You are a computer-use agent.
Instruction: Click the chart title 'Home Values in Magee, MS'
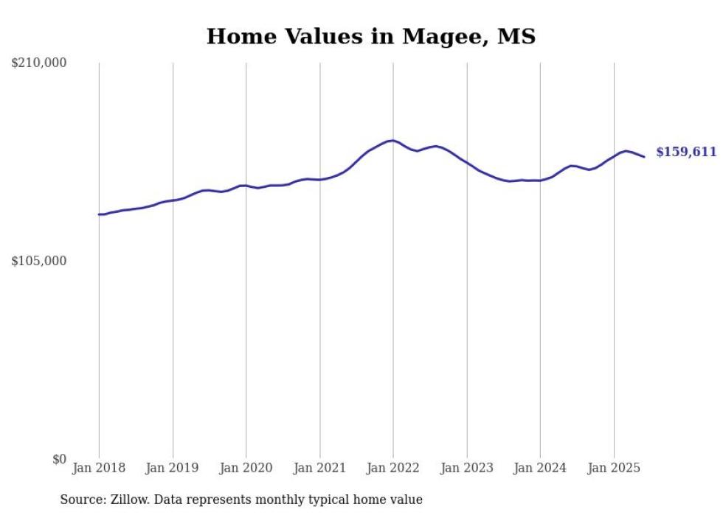371,36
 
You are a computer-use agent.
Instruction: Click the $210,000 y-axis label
39,63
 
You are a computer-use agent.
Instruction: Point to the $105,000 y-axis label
39,261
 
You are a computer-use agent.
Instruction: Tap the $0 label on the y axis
59,459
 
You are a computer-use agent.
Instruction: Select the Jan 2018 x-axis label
99,468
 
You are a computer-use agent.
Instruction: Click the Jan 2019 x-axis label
173,468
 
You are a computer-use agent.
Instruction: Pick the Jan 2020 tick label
246,468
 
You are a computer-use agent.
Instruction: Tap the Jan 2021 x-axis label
319,468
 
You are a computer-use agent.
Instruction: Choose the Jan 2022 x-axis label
393,468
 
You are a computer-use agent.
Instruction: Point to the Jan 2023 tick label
467,468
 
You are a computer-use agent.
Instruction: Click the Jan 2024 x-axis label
540,468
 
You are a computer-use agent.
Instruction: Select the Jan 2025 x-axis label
614,468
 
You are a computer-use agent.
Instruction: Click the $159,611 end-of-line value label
686,153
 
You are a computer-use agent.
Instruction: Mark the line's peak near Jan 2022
392,140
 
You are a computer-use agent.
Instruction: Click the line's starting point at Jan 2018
99,214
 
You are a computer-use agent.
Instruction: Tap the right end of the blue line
644,156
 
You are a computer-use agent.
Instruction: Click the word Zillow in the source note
130,500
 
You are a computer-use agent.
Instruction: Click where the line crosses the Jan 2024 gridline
540,181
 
